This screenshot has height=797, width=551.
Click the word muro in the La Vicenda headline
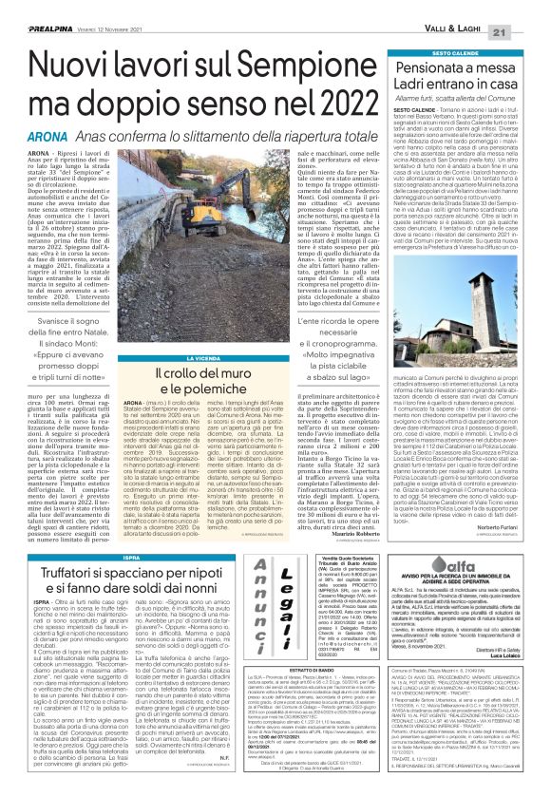point(234,374)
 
